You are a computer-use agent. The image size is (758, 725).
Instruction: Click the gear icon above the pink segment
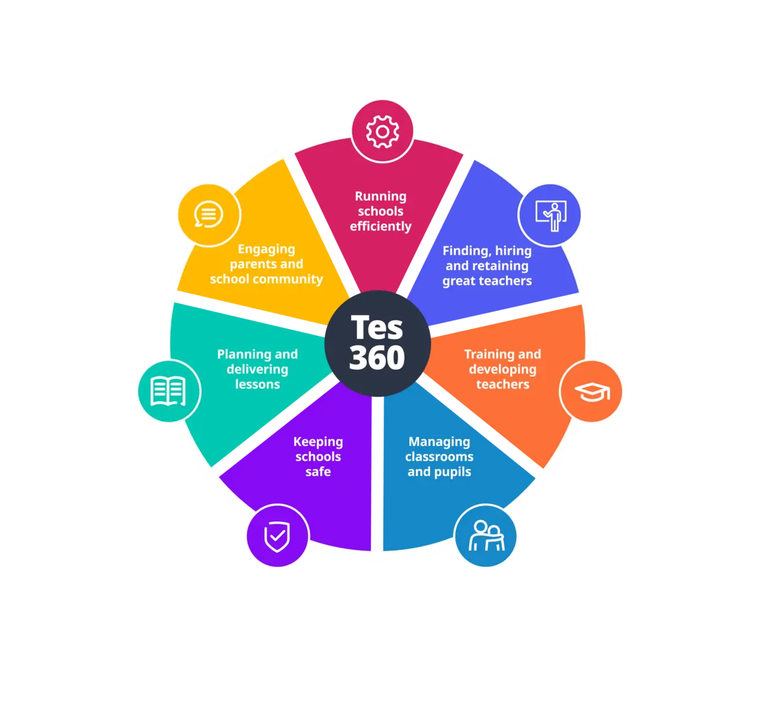point(382,132)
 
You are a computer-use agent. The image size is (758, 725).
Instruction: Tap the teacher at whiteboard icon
point(549,215)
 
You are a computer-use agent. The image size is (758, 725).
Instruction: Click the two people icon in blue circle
point(486,536)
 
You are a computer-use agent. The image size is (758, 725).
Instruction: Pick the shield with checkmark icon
point(277,537)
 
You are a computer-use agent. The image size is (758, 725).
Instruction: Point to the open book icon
point(169,391)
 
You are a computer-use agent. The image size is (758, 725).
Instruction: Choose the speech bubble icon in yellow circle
point(208,215)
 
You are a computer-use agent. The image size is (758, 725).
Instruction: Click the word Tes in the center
point(376,327)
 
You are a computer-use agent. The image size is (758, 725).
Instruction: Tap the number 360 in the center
point(376,357)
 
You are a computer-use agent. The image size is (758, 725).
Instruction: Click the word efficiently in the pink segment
point(380,227)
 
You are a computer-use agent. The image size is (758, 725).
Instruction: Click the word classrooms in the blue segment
point(439,457)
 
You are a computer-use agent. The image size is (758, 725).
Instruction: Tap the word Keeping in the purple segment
point(318,442)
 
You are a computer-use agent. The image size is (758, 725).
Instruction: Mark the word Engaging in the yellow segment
point(266,249)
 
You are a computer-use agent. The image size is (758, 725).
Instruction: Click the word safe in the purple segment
point(318,472)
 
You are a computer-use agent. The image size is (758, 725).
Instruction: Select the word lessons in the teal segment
point(257,384)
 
